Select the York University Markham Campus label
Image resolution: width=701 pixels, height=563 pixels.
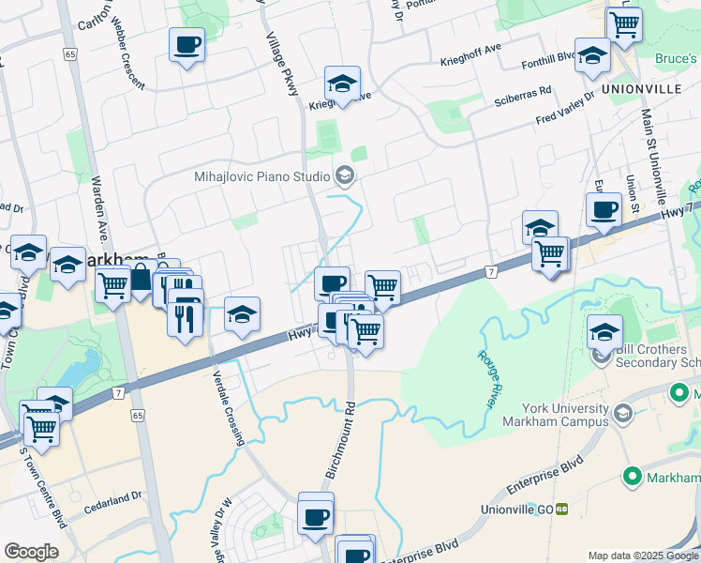coord(546,416)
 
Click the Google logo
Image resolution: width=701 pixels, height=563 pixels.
coord(31,552)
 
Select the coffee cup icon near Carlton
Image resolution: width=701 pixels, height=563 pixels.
coord(187,44)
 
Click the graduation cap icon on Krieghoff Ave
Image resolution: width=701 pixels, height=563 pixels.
coord(343,84)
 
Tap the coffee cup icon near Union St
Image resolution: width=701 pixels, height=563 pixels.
coord(604,209)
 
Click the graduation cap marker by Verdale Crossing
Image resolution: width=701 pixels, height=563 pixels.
coord(242,314)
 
